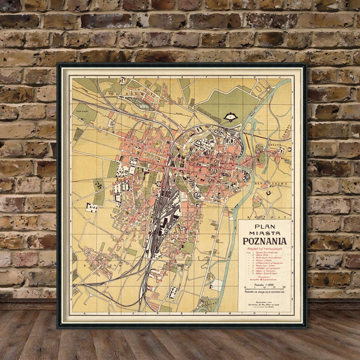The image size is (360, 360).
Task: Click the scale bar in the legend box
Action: pos(264,288)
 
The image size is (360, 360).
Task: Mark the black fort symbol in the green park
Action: pos(228,117)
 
